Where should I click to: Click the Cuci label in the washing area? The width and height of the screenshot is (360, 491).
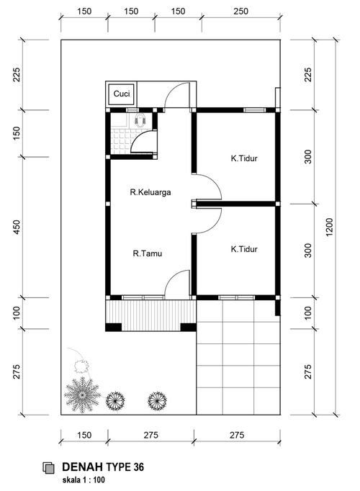tap(122, 94)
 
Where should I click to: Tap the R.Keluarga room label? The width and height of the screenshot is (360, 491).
tap(150, 192)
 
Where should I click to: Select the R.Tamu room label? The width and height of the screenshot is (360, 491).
tap(148, 253)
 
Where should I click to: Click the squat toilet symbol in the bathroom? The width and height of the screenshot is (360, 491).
tap(140, 120)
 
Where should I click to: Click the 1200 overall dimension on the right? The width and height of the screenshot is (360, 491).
tap(330, 228)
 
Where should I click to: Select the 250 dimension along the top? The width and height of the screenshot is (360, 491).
tap(240, 12)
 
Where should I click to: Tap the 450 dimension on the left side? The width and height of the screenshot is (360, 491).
tap(17, 228)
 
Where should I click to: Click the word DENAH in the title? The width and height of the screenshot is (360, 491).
tap(82, 467)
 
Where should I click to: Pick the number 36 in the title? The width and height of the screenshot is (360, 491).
tap(139, 467)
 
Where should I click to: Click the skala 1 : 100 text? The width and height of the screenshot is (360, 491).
tap(84, 479)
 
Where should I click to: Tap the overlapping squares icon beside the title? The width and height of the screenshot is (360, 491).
tap(48, 467)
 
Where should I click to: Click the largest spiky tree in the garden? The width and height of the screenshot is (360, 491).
tap(82, 395)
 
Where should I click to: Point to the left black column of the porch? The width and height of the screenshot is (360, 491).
tap(113, 328)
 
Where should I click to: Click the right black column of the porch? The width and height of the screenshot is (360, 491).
tap(189, 328)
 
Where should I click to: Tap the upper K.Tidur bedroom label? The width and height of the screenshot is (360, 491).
tap(244, 158)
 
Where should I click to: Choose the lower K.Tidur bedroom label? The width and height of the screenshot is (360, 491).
tap(244, 249)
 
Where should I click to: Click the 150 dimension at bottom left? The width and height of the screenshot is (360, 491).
tap(84, 435)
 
